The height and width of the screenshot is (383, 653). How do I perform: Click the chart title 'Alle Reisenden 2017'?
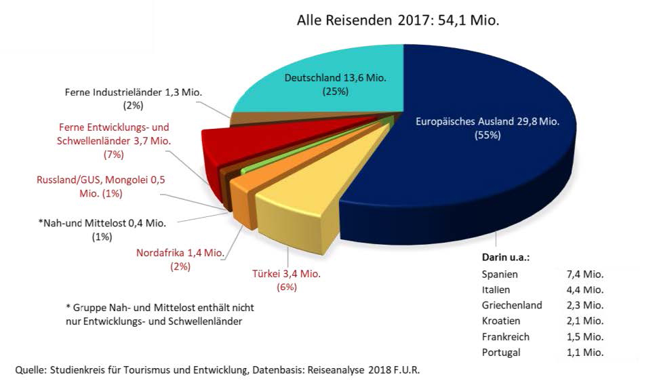[397, 20]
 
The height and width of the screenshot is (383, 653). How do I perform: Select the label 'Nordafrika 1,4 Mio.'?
[181, 254]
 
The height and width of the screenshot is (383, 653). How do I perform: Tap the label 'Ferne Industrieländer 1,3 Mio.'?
[129, 92]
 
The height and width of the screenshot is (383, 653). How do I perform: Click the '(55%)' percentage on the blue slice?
[486, 135]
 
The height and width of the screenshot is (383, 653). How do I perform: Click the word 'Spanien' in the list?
[500, 275]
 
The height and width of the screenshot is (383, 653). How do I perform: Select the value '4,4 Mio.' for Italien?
[584, 290]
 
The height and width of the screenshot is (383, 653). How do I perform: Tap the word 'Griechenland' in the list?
[512, 305]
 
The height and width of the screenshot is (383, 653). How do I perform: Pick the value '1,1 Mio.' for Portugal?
[584, 352]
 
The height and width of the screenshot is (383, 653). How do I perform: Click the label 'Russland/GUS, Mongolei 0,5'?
[101, 180]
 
